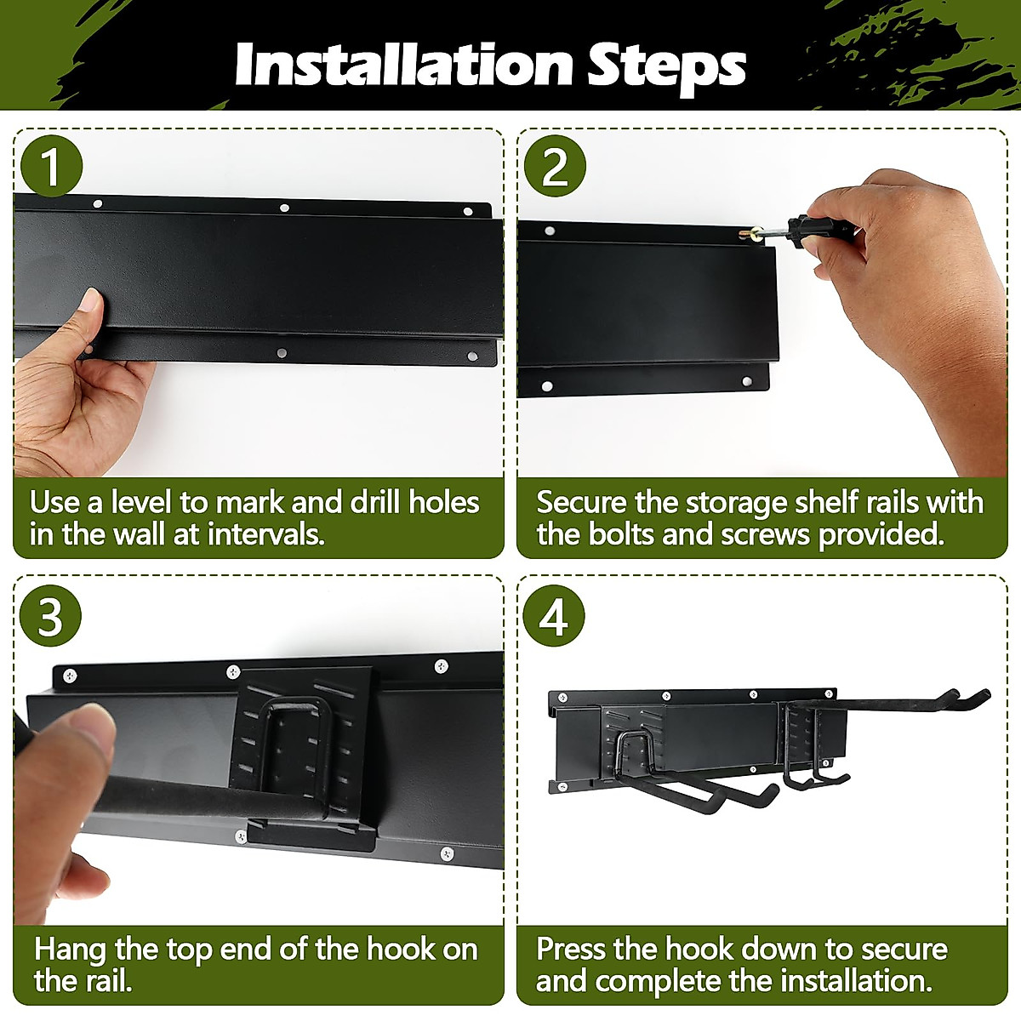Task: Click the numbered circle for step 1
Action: pos(51,167)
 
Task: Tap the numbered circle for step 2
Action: pos(555,167)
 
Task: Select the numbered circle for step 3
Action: pos(50,616)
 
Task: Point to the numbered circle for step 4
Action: pos(554,616)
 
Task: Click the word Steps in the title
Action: pos(666,68)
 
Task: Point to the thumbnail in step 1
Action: pos(91,299)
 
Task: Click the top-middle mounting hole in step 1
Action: pos(284,208)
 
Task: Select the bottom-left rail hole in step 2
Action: pos(547,386)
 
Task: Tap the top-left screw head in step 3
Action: pos(70,676)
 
